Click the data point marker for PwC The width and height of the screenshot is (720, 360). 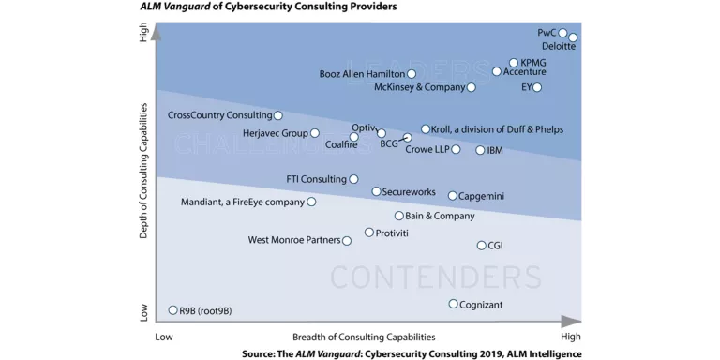point(563,33)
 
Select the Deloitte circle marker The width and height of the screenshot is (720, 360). point(573,37)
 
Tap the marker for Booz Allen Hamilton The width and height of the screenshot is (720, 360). point(412,73)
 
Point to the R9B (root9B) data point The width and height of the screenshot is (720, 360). point(172,309)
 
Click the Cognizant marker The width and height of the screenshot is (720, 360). point(453,304)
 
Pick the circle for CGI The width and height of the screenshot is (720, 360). point(481,246)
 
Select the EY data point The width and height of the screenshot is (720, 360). point(537,87)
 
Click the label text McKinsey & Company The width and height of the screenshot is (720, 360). point(419,87)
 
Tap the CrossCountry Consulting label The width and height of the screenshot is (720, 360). point(219,115)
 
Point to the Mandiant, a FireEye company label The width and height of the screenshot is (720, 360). point(243,202)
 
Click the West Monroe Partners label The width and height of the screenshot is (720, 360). point(293,240)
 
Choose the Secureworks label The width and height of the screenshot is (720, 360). point(409,192)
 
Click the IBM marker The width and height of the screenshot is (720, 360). point(480,150)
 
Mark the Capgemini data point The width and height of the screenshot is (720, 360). point(452,196)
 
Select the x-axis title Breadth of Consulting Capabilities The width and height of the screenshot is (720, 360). point(364,337)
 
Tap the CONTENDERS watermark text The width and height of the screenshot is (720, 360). point(435,277)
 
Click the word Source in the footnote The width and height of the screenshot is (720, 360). point(259,353)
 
